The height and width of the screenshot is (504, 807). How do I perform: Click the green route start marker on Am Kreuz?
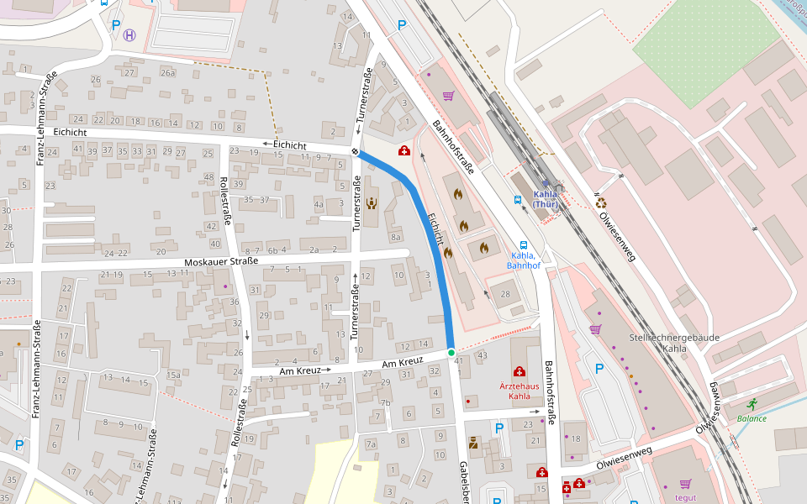(451, 352)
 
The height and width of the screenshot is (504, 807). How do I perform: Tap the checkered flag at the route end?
(356, 151)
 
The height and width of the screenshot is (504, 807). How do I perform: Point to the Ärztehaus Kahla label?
(520, 391)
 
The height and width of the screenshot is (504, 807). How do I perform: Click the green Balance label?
(752, 418)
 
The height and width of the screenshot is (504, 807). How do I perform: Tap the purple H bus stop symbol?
(129, 35)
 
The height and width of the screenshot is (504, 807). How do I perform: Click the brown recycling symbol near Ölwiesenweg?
(601, 202)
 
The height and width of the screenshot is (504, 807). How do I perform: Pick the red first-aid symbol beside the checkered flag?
(404, 151)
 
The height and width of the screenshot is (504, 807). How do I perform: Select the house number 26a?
(167, 73)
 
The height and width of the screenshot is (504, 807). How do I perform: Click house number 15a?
(173, 375)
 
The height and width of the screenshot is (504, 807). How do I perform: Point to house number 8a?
(396, 238)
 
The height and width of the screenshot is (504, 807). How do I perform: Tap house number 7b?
(386, 402)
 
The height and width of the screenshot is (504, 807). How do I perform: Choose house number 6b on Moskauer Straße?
(272, 250)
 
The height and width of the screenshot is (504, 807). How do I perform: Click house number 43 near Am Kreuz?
(482, 356)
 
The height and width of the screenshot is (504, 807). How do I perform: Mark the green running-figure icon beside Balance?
(751, 403)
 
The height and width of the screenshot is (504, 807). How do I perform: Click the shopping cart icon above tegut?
(685, 484)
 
